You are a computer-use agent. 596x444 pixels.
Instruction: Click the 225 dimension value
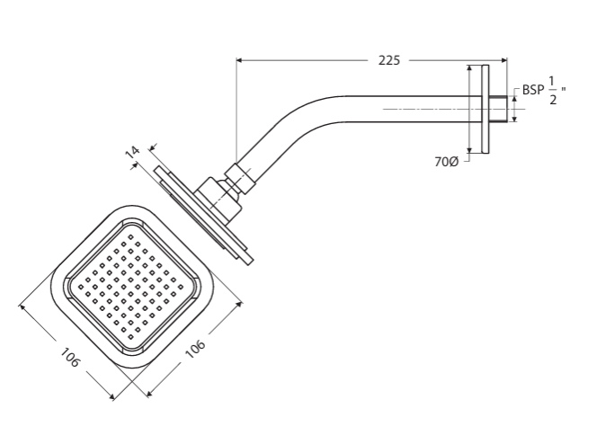[389, 60]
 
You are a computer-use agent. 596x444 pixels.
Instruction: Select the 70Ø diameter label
[447, 162]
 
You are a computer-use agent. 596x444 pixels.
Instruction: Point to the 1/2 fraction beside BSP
[552, 92]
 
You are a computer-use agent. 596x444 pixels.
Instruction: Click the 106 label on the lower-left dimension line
[70, 358]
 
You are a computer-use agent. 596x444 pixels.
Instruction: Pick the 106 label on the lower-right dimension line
[195, 351]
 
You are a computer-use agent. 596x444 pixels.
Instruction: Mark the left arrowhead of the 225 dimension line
[240, 60]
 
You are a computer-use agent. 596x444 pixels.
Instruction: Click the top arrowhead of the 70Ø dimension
[469, 68]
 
